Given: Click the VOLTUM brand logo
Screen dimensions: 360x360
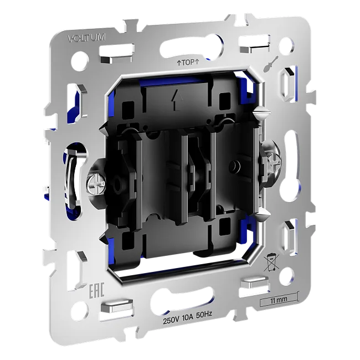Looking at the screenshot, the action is [86, 38].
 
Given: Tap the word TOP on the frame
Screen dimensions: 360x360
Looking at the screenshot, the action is [188, 63].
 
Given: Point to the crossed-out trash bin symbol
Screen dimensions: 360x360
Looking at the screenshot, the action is [271, 262].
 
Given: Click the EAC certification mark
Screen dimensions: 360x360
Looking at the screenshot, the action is [96, 290].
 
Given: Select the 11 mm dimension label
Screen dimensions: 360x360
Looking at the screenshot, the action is [279, 300].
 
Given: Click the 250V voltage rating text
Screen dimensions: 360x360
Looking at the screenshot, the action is [171, 321].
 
